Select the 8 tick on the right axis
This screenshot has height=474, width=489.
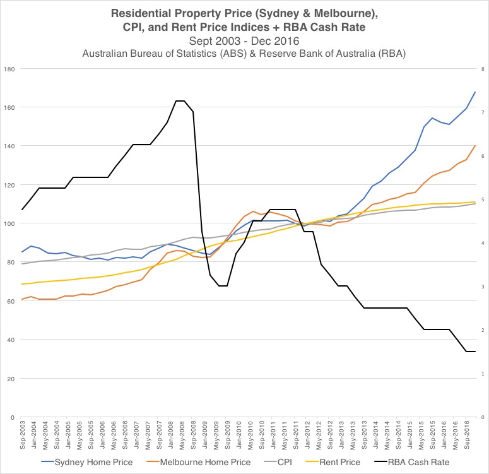(482, 68)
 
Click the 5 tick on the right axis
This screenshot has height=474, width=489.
(482, 199)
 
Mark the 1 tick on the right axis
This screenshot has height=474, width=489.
(482, 374)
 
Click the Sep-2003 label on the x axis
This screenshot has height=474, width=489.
(23, 434)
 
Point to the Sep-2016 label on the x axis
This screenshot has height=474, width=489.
(466, 434)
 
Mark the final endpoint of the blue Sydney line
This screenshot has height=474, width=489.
(474, 92)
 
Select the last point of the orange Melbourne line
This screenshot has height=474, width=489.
(474, 146)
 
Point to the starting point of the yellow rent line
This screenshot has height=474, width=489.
(23, 284)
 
